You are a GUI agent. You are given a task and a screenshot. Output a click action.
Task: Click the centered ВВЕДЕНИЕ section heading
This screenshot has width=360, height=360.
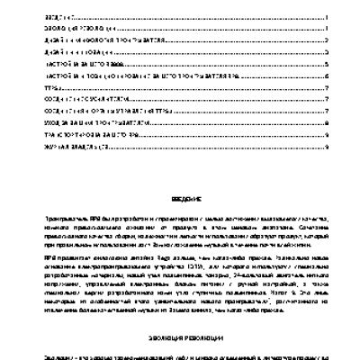tap(179, 199)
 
